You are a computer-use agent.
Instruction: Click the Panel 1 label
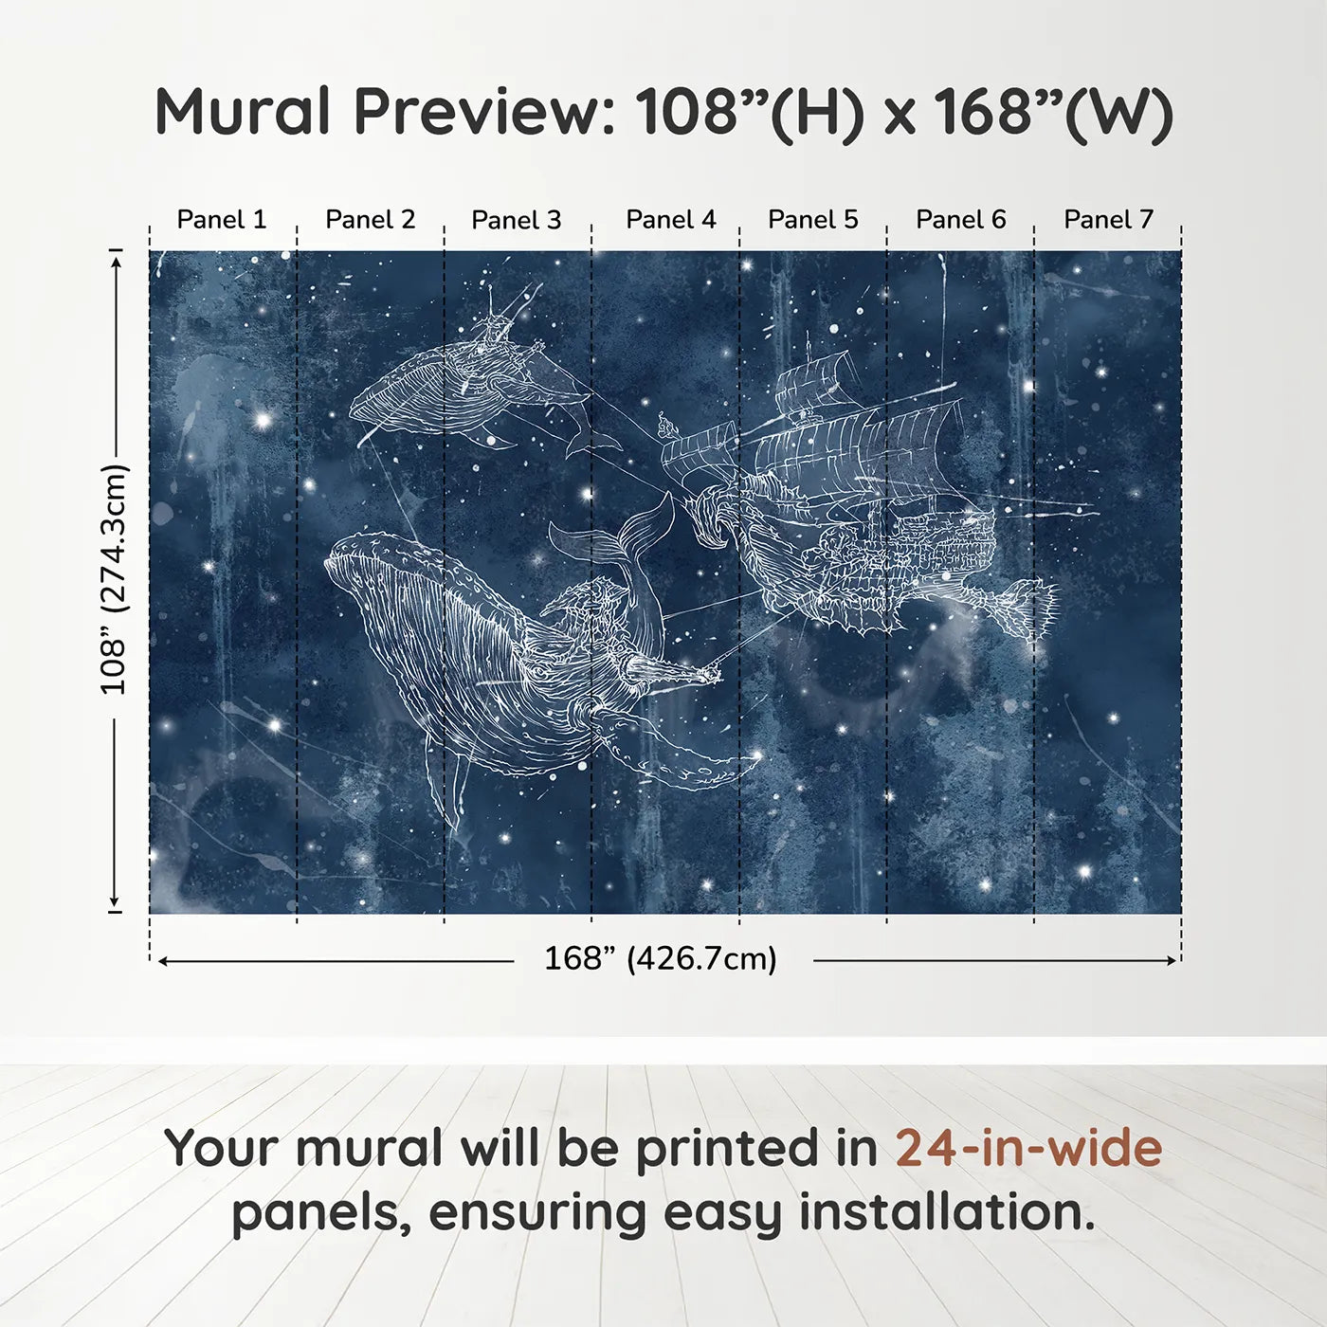[x=222, y=219]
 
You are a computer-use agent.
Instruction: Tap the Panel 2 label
[x=371, y=219]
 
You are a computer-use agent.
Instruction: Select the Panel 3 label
[x=517, y=220]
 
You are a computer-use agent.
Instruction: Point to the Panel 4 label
[x=671, y=219]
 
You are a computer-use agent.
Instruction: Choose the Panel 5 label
[x=813, y=219]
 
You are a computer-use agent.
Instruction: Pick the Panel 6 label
[x=961, y=219]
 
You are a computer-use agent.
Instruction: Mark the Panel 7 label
[x=1109, y=219]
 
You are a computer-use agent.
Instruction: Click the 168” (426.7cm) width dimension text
[x=661, y=958]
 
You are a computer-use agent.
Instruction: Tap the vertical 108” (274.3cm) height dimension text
[x=114, y=580]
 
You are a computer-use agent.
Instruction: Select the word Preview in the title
[x=483, y=112]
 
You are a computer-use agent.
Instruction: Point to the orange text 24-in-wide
[x=1029, y=1148]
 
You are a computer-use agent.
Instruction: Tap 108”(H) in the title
[x=750, y=112]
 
